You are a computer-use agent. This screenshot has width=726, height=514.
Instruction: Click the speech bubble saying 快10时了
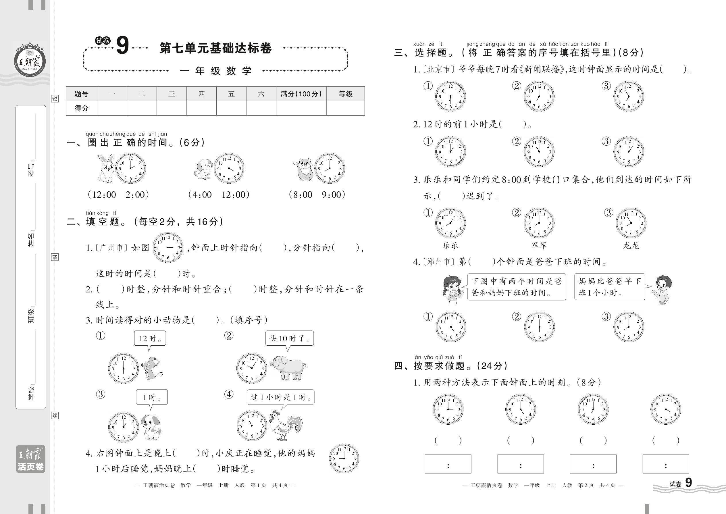(289, 338)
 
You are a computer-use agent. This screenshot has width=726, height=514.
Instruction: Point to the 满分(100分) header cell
(301, 94)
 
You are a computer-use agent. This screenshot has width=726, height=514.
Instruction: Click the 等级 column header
(345, 94)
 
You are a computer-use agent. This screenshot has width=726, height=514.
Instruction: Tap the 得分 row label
(81, 108)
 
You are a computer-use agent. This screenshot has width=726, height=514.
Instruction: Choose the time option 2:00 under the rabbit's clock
(135, 195)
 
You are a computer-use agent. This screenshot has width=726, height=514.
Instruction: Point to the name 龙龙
(631, 246)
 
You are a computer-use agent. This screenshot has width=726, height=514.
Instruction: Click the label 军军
(539, 246)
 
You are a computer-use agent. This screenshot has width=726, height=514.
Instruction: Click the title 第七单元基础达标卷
(215, 48)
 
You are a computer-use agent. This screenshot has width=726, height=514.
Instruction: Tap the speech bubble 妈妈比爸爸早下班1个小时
(610, 287)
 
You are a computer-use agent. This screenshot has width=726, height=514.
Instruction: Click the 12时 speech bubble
(150, 338)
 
